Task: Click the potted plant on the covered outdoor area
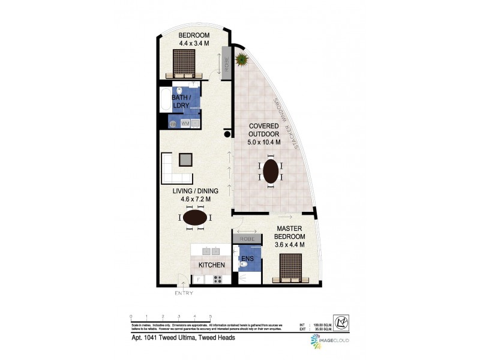242,59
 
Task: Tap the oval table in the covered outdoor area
271,170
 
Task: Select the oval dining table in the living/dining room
196,218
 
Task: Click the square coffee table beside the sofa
186,160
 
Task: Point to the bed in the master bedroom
291,268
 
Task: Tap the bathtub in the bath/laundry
165,100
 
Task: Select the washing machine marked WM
186,123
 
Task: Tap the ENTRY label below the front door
184,293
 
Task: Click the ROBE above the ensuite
247,239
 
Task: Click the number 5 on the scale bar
211,316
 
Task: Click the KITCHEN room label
212,265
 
